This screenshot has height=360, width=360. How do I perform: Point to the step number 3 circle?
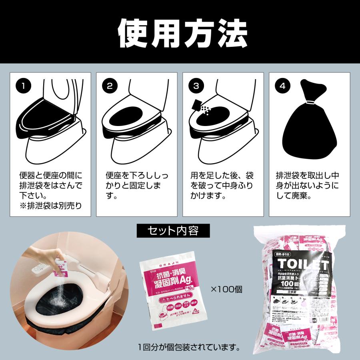pyautogui.click(x=196, y=85)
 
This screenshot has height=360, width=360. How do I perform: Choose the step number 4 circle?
pyautogui.click(x=282, y=85)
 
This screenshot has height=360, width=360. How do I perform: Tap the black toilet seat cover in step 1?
pyautogui.click(x=44, y=116)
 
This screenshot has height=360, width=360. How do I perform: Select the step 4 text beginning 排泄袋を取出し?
pyautogui.click(x=308, y=186)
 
